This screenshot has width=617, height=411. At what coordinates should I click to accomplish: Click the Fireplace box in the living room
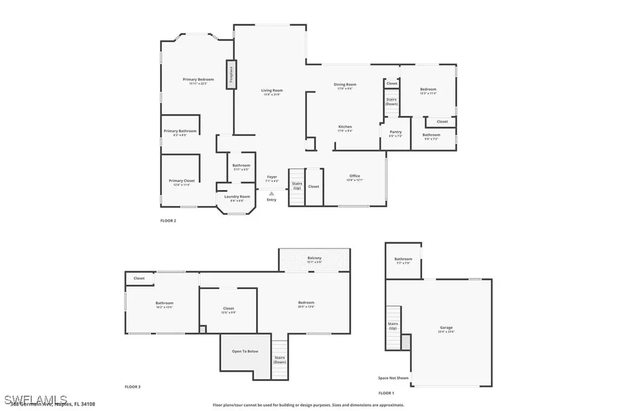point(230,75)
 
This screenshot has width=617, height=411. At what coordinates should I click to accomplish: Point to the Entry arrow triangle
point(272,193)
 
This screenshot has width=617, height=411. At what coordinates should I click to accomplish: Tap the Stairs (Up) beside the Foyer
point(296,186)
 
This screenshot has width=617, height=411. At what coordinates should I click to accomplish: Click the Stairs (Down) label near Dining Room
point(392,101)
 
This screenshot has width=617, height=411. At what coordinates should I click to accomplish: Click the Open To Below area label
point(245,351)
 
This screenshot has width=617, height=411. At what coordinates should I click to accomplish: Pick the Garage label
point(446,328)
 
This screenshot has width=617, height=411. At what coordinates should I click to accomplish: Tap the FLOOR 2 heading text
point(168,221)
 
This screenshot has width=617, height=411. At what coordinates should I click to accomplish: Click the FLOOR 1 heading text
point(386,392)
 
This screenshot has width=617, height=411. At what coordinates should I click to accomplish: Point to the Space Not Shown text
point(393,378)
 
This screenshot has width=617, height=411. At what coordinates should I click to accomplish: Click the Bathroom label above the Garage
point(403,260)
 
